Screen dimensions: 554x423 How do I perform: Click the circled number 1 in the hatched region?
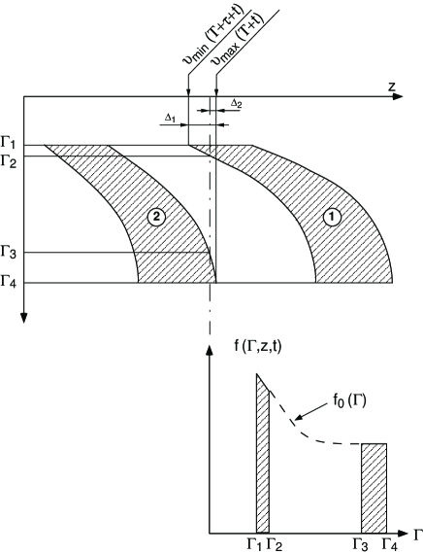point(332,218)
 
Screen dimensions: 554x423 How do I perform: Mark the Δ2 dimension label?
point(236,103)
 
